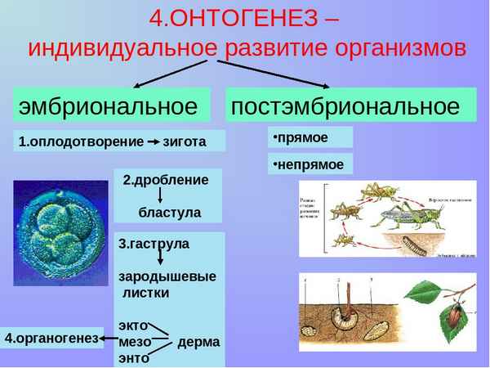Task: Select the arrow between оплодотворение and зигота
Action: click(x=153, y=141)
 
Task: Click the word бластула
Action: click(x=169, y=212)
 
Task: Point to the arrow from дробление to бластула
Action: click(x=159, y=196)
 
